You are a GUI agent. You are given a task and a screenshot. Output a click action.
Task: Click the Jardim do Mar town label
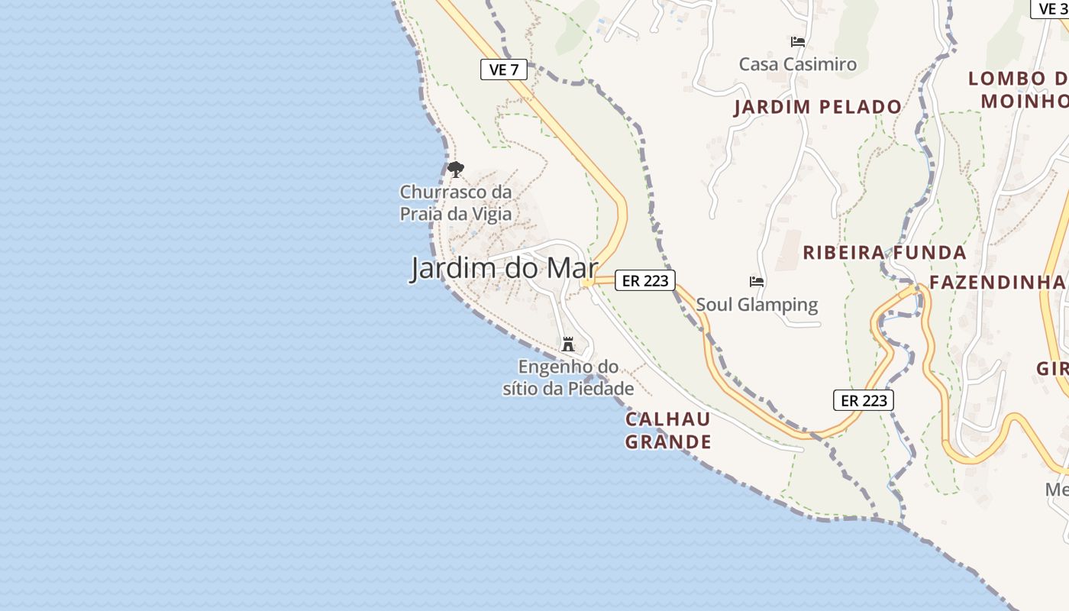504,269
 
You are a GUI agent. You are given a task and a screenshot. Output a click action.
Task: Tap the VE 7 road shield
504,70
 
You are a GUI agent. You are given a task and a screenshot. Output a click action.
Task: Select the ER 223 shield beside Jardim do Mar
645,280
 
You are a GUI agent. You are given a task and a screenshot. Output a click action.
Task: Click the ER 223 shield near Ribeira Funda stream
864,400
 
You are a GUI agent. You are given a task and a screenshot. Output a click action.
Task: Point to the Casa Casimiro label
798,64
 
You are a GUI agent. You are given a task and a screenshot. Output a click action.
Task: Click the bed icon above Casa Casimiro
798,41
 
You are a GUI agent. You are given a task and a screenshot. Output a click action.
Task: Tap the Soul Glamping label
757,305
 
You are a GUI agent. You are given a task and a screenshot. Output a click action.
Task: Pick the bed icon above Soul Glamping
757,282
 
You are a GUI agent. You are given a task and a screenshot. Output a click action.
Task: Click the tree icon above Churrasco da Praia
456,170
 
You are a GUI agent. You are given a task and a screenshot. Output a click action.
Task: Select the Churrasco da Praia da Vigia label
456,202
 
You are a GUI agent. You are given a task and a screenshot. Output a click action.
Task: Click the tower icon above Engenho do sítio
568,344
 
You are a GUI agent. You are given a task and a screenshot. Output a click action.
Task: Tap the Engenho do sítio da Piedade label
568,377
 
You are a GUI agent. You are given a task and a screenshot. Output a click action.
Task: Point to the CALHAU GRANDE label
668,430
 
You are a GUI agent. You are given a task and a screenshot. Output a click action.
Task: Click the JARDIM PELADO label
818,107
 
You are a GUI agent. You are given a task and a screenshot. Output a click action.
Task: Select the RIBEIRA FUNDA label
884,253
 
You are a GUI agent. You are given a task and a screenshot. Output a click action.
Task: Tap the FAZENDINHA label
996,283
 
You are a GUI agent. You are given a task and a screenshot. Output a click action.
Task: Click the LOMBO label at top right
1017,79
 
